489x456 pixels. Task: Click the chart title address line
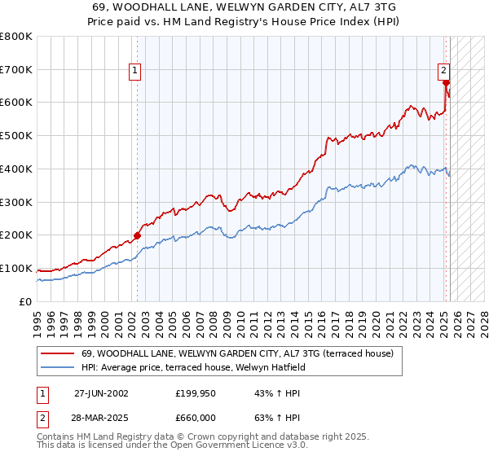244,7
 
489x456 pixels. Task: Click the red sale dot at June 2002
137,235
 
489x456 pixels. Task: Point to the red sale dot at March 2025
446,82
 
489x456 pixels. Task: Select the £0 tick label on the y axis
26,301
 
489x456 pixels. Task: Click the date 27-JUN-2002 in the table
101,392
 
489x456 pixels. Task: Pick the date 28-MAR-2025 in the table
101,417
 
